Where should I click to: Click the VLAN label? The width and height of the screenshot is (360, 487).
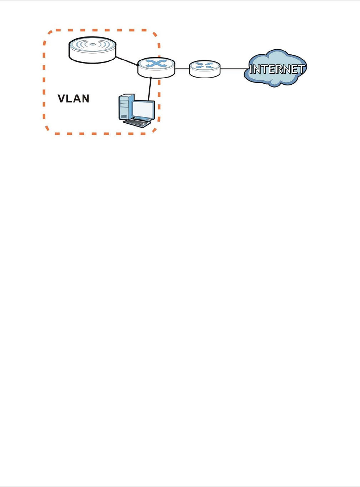click(74, 98)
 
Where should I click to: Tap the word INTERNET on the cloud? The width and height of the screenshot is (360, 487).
click(277, 69)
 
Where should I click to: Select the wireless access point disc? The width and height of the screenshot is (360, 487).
click(92, 50)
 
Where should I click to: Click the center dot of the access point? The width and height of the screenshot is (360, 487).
click(92, 44)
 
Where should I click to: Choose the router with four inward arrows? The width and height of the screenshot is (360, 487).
click(205, 68)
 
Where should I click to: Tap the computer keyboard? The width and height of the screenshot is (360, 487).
click(137, 122)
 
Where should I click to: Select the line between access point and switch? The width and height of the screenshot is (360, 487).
click(127, 60)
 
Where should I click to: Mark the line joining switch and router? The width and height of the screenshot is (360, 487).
click(182, 68)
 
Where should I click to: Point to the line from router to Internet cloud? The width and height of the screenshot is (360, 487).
click(234, 69)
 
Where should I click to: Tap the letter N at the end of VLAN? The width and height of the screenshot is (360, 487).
click(85, 98)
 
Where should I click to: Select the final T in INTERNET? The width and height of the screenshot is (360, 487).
click(302, 69)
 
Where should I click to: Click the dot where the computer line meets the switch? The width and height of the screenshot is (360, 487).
click(151, 78)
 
